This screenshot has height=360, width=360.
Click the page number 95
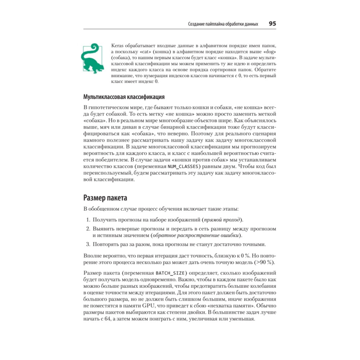[x=272, y=24]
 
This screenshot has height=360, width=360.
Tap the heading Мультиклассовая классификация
[x=124, y=97]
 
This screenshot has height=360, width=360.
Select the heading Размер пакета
[x=105, y=198]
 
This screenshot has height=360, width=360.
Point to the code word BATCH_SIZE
[x=171, y=272]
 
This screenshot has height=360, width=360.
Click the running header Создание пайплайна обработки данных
[x=223, y=24]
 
